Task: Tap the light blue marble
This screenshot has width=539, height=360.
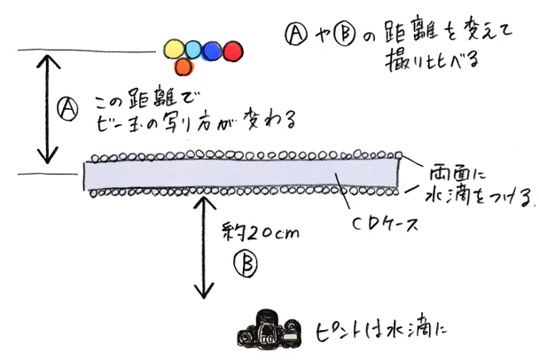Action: click(194, 50)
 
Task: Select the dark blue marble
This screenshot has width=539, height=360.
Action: click(213, 51)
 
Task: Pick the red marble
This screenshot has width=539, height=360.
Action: click(232, 51)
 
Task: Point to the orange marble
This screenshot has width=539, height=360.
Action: click(184, 66)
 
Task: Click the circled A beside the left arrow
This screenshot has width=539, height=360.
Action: click(65, 107)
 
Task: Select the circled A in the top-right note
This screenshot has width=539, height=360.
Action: click(295, 33)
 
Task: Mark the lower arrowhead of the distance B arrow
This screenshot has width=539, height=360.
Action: click(207, 295)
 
